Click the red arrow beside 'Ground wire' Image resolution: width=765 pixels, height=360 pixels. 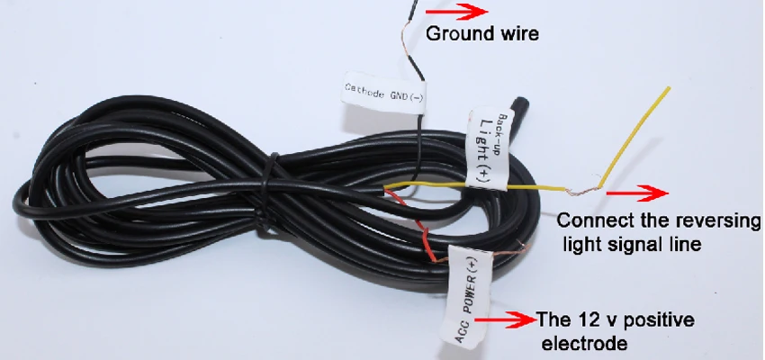456,12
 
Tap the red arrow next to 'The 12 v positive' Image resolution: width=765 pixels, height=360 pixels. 505,320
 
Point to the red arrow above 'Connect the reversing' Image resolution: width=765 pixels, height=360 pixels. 637,193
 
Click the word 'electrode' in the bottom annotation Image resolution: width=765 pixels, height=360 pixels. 584,343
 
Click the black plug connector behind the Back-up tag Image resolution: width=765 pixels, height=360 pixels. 518,108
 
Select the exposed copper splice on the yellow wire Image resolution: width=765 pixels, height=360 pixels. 583,191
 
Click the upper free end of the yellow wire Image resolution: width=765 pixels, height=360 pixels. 669,88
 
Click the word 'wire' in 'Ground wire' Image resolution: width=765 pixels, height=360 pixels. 519,33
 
